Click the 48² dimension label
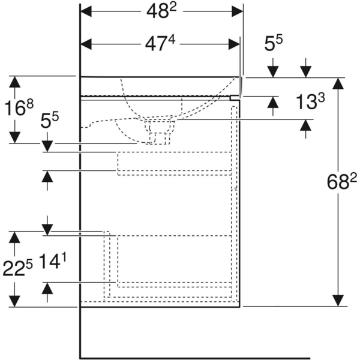click(162, 11)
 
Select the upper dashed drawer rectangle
click(175, 163)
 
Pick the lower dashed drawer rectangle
click(175, 260)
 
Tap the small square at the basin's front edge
click(235, 96)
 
